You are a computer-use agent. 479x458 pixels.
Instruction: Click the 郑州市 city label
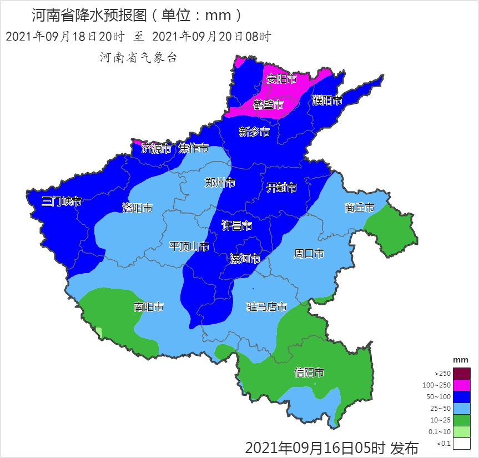click(x=220, y=183)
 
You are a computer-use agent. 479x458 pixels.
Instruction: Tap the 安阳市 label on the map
click(x=281, y=79)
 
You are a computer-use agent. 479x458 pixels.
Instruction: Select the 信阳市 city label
click(x=309, y=373)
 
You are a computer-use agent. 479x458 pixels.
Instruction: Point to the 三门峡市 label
click(x=62, y=201)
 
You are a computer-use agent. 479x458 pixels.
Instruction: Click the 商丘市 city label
click(x=359, y=208)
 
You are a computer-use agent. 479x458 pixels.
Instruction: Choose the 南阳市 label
click(x=148, y=307)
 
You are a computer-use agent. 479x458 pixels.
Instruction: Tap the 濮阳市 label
click(x=327, y=100)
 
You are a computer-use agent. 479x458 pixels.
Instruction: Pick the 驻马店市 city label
click(x=266, y=307)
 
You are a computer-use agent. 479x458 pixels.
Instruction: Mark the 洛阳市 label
click(x=137, y=208)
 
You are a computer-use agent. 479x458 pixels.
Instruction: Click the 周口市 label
click(x=309, y=254)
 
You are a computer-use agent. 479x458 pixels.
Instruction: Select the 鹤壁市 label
click(x=269, y=104)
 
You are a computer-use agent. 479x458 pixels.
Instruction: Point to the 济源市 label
click(x=157, y=148)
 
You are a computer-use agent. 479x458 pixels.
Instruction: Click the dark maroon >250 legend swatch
click(x=461, y=374)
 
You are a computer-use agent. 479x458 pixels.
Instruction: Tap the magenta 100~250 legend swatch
click(x=461, y=385)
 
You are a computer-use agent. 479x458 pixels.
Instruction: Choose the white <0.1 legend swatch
click(x=461, y=444)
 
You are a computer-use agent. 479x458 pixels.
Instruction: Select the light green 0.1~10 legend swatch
click(x=461, y=432)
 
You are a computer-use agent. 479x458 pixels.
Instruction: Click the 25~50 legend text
click(x=439, y=409)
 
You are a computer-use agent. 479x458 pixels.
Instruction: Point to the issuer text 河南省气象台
click(x=138, y=57)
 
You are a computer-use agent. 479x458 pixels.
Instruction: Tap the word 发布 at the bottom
click(x=404, y=447)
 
